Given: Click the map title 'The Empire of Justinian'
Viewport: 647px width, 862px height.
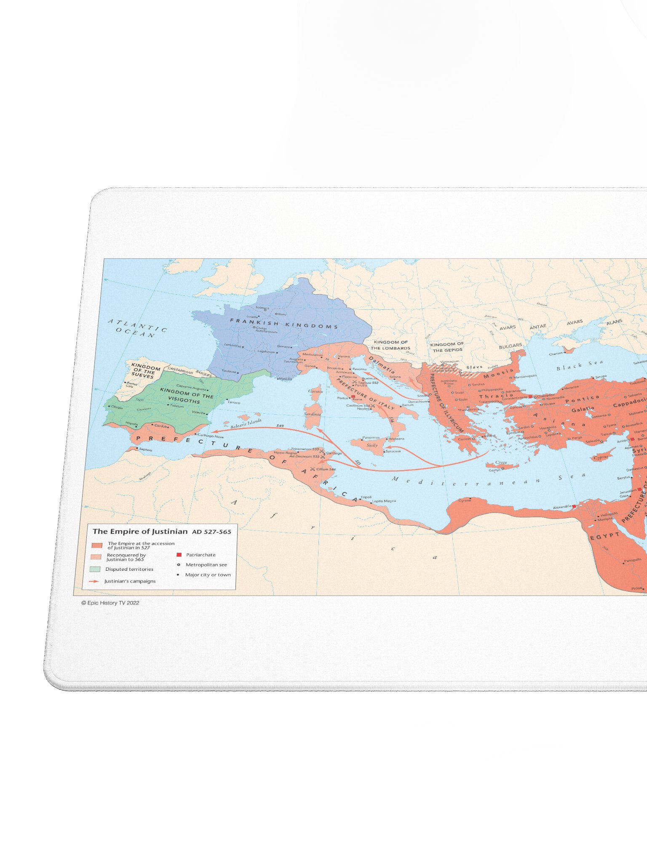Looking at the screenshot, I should [140, 531].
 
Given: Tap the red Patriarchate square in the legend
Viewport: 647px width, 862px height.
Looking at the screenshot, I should [179, 555].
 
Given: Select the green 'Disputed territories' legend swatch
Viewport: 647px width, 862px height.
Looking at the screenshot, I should [95, 569].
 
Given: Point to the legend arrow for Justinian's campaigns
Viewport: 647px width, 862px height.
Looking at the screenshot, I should [94, 581].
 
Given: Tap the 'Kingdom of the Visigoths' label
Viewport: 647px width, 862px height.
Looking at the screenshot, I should [186, 396].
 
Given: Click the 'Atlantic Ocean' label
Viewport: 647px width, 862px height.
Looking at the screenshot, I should [137, 328].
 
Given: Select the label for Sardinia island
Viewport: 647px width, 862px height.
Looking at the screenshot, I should [312, 414].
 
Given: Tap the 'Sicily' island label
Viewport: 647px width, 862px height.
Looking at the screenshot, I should [372, 445].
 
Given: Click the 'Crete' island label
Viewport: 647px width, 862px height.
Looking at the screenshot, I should [501, 462].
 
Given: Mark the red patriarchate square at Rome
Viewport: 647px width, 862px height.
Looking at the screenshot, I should [353, 396].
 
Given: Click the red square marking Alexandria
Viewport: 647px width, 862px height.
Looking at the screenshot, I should [574, 506].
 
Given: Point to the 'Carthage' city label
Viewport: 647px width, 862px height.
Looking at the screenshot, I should [334, 453].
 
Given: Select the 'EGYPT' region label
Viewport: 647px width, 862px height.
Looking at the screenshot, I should [605, 536].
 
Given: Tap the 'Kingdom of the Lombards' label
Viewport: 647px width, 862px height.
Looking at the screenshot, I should [390, 345].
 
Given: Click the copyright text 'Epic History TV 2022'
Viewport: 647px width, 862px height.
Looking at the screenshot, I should [110, 603].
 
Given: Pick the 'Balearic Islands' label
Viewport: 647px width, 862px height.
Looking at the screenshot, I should [246, 423].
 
